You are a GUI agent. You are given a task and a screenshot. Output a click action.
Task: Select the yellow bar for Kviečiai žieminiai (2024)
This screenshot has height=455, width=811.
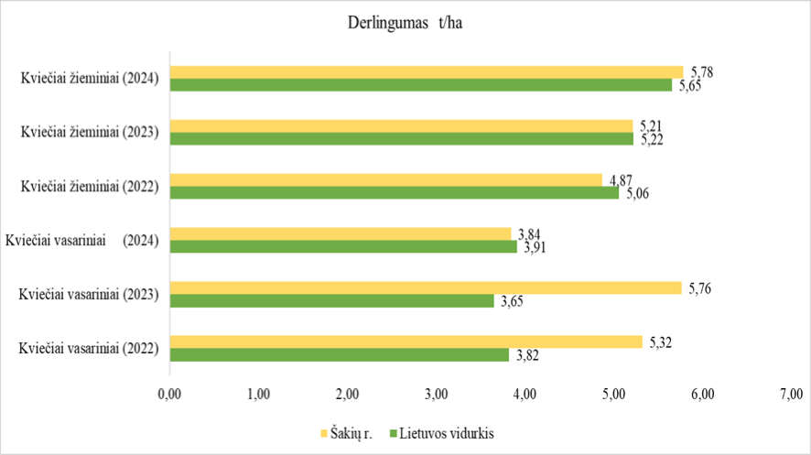click(x=427, y=72)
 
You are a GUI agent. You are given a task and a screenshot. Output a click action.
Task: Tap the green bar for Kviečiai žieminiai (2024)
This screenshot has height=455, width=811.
click(x=421, y=85)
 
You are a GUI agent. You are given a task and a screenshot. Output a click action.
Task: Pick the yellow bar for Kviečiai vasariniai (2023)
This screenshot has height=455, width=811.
click(x=426, y=287)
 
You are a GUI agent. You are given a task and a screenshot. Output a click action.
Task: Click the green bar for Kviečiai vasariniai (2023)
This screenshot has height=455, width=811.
click(x=331, y=300)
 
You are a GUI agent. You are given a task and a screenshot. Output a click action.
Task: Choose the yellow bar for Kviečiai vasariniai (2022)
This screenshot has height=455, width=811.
click(x=406, y=341)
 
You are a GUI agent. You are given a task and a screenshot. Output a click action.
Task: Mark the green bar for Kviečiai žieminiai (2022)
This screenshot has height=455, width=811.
click(x=395, y=193)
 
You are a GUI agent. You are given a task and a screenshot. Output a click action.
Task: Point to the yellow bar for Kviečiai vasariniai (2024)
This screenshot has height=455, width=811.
click(x=340, y=233)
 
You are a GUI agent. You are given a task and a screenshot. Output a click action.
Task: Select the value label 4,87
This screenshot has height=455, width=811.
click(x=620, y=179)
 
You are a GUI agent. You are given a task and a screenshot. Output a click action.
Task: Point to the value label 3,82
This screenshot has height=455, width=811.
click(x=526, y=356)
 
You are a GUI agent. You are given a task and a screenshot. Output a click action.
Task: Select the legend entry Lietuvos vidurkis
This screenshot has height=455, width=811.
click(x=447, y=433)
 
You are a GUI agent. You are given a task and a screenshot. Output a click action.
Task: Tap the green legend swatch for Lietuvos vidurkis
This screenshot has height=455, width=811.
click(x=394, y=433)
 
